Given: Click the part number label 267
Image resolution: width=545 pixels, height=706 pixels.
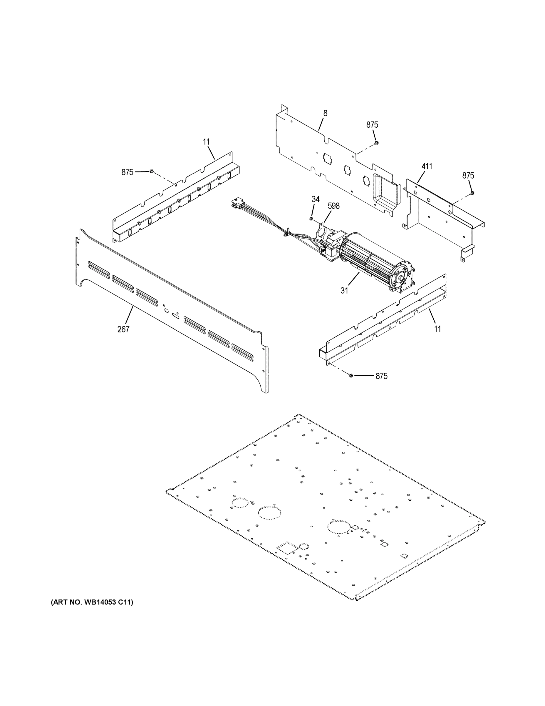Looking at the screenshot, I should pyautogui.click(x=123, y=329).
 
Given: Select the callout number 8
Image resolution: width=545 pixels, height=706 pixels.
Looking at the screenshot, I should pyautogui.click(x=325, y=113).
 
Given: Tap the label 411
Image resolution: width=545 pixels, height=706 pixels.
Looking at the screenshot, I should pyautogui.click(x=427, y=166).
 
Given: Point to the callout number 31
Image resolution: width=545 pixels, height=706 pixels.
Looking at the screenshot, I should pyautogui.click(x=344, y=291).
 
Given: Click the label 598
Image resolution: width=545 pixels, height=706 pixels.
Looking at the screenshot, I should pyautogui.click(x=333, y=206).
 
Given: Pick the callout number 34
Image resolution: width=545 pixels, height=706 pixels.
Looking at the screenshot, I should pyautogui.click(x=316, y=199).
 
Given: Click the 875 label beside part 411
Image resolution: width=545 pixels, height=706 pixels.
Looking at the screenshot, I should pyautogui.click(x=468, y=176).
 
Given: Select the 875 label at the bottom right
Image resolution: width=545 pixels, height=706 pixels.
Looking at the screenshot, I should pyautogui.click(x=381, y=376).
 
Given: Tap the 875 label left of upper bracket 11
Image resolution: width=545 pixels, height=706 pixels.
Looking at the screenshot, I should pyautogui.click(x=127, y=172).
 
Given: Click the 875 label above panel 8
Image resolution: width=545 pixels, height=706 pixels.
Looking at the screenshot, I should pyautogui.click(x=372, y=125).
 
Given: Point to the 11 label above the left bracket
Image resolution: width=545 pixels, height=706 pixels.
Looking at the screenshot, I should pyautogui.click(x=206, y=141).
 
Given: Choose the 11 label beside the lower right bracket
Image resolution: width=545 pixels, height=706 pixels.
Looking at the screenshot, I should pyautogui.click(x=437, y=329).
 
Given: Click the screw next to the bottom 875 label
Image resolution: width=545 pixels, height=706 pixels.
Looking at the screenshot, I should pyautogui.click(x=351, y=376).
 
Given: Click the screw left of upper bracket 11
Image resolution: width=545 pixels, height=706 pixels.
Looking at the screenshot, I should pyautogui.click(x=151, y=171).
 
